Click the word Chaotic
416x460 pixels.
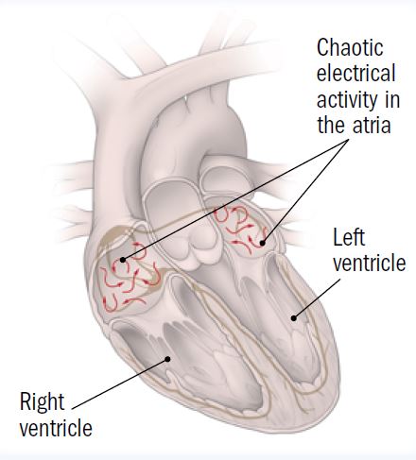pyautogui.click(x=350, y=48)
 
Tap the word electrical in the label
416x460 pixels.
pyautogui.click(x=355, y=73)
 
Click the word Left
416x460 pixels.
pyautogui.click(x=349, y=237)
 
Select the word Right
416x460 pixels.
pyautogui.click(x=43, y=403)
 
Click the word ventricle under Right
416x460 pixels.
pyautogui.click(x=56, y=427)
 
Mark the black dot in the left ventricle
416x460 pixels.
pyautogui.click(x=294, y=318)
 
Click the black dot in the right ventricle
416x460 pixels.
pyautogui.click(x=168, y=359)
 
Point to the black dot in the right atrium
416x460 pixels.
pyautogui.click(x=123, y=260)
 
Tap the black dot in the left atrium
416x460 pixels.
pyautogui.click(x=262, y=243)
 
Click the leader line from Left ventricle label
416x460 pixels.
pyautogui.click(x=317, y=298)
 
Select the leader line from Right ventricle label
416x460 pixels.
pyautogui.click(x=120, y=383)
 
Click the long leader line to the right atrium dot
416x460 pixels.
pyautogui.click(x=235, y=199)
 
